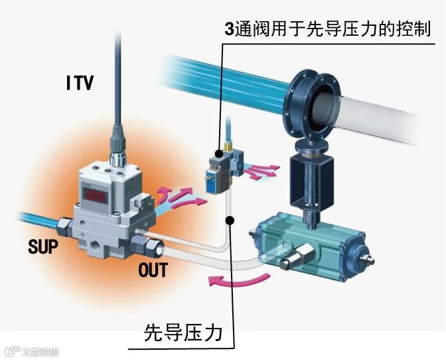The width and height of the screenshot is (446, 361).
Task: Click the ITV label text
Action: coord(80,83)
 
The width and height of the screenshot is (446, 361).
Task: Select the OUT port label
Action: coord(153,270)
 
